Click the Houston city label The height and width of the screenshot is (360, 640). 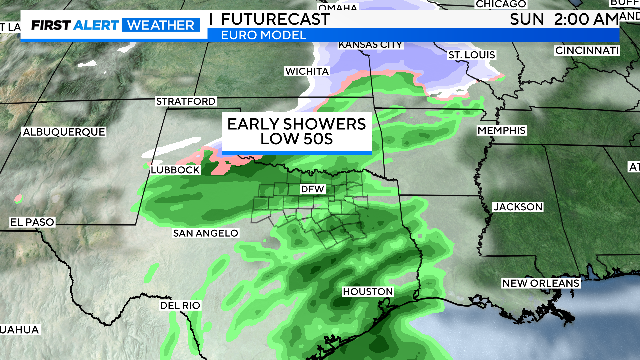click(x=366, y=291)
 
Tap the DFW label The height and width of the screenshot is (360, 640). click(x=309, y=188)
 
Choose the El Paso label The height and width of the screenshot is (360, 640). click(x=32, y=221)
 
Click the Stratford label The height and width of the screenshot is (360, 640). click(x=185, y=102)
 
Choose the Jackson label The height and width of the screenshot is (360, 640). click(x=518, y=207)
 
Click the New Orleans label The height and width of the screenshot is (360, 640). click(x=541, y=283)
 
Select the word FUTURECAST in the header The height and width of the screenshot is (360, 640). click(x=270, y=18)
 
